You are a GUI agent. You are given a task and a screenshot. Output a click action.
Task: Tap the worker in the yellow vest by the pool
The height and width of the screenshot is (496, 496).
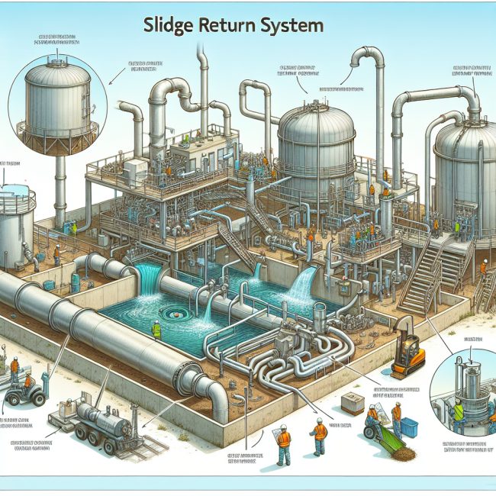[x=156, y=330]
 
